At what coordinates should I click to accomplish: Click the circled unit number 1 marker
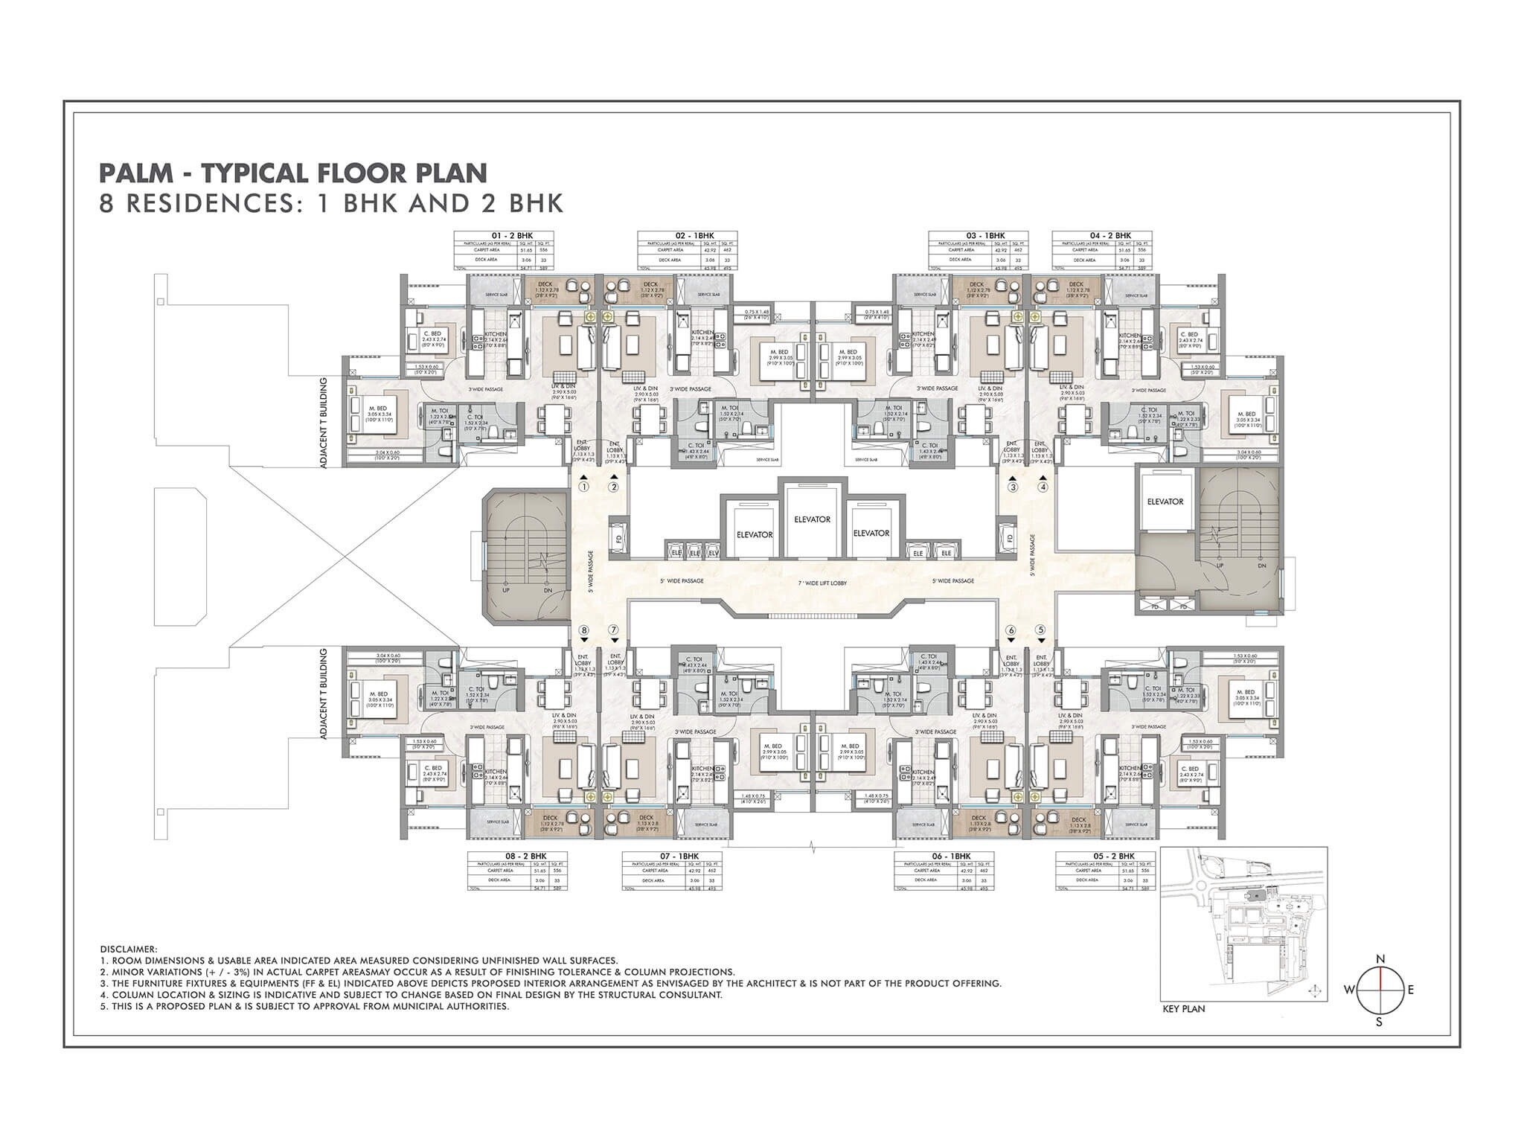[584, 487]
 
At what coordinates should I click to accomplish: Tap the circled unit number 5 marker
[1041, 630]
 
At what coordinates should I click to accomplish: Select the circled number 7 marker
[613, 630]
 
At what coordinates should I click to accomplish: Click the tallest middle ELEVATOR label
[812, 519]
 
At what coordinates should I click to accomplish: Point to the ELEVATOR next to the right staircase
[1165, 502]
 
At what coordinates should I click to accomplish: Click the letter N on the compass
[1380, 958]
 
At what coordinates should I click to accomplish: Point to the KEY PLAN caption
[1183, 1010]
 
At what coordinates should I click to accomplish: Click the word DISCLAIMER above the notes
[128, 950]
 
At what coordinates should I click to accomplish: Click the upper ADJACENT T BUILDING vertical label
[322, 422]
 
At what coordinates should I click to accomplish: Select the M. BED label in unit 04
[1246, 414]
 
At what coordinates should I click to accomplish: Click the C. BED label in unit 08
[432, 768]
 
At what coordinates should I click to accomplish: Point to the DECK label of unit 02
[651, 284]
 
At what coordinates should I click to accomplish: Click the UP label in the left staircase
[506, 590]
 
